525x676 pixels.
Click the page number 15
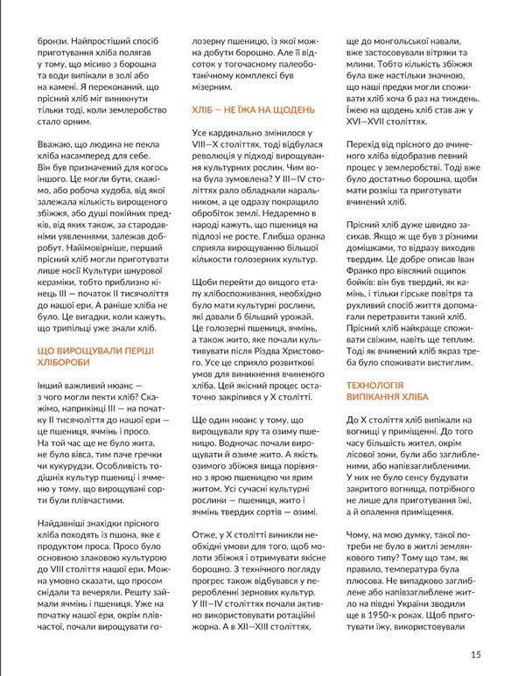(x=475, y=654)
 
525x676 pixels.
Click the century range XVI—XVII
(x=374, y=155)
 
